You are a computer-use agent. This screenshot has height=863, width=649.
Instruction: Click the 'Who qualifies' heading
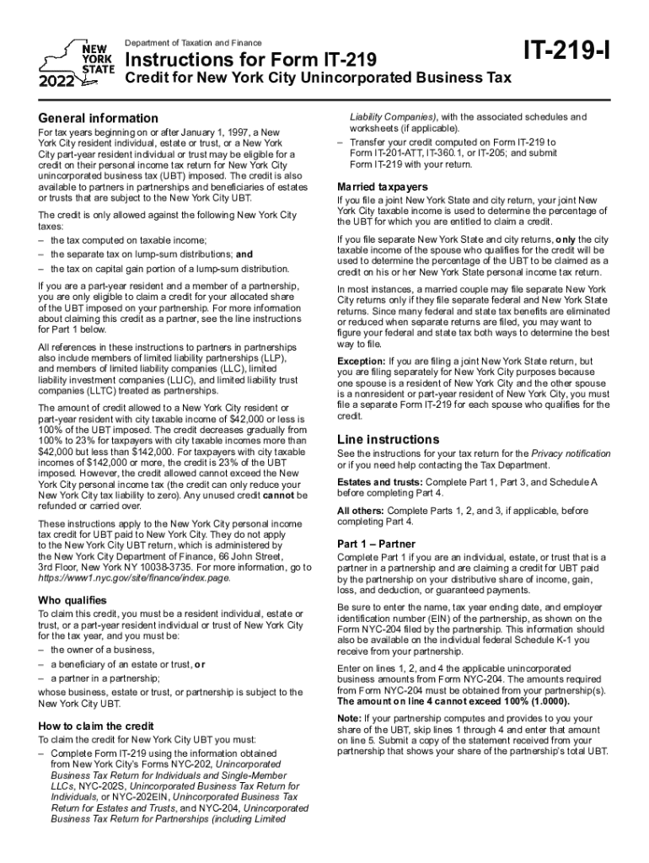[72, 600]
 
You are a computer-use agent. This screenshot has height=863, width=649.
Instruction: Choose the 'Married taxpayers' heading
[382, 186]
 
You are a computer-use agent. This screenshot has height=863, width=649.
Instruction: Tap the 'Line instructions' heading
[389, 439]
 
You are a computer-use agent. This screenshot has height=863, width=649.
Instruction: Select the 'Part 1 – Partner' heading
[377, 544]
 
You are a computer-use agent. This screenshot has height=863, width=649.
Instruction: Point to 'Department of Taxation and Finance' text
[194, 43]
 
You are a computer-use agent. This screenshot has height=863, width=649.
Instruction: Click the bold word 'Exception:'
[362, 361]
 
